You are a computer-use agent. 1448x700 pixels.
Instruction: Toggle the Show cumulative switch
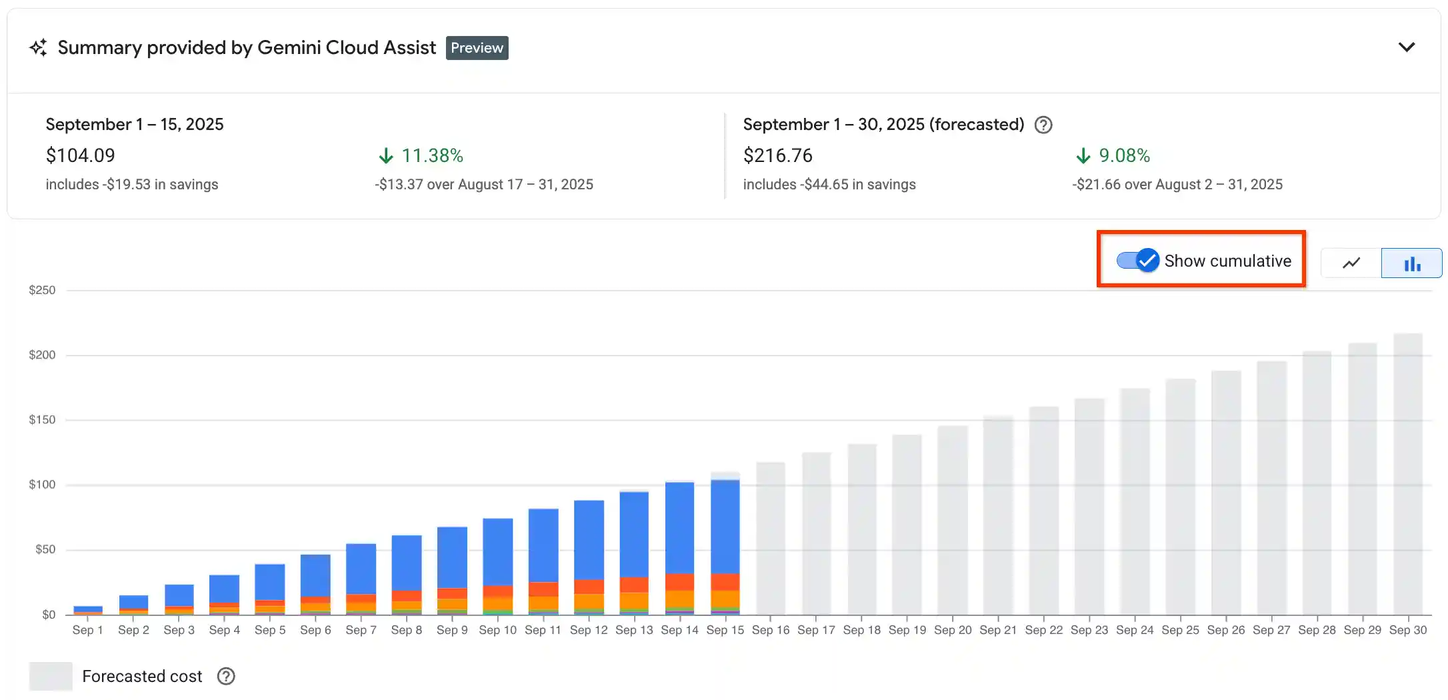point(1138,260)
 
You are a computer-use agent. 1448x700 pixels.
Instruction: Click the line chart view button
point(1351,263)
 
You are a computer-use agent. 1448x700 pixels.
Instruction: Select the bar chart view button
point(1411,263)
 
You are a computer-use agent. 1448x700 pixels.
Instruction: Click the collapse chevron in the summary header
point(1406,47)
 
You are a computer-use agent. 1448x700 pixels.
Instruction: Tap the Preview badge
point(477,48)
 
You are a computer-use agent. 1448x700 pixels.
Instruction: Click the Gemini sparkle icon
point(39,48)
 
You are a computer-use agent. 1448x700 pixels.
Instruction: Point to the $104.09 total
point(81,155)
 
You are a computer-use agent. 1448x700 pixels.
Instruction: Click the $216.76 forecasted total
point(777,155)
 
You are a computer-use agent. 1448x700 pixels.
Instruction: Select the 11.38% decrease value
point(432,155)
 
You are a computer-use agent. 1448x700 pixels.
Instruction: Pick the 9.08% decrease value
point(1124,155)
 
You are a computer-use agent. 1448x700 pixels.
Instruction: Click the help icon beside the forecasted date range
point(1043,125)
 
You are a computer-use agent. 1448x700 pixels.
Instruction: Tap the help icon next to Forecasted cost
point(226,676)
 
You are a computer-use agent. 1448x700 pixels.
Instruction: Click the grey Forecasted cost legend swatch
point(51,676)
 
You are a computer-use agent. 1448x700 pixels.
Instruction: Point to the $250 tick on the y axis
point(42,290)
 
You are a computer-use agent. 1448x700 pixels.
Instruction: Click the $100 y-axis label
point(42,485)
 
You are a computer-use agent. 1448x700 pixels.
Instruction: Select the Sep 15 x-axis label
point(725,630)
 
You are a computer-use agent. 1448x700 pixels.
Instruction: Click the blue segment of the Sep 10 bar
point(497,551)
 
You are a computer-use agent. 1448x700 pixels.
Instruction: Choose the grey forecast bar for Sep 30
point(1407,473)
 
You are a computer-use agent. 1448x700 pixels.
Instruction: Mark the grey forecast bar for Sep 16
point(770,537)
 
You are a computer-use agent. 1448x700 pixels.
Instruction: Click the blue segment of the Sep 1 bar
point(88,609)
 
